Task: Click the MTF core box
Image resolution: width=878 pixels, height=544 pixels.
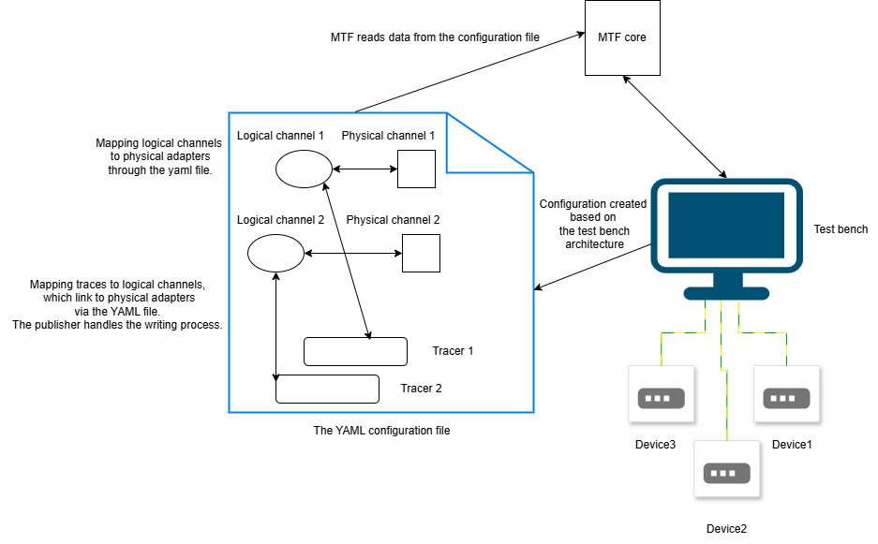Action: coord(622,37)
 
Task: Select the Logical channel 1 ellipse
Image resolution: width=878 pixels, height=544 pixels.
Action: coord(304,169)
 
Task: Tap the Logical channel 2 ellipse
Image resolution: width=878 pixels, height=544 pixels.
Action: coord(275,253)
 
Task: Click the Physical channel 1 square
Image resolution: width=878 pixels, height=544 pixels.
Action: coord(416,169)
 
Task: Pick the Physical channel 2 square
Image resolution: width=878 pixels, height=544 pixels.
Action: coord(421,253)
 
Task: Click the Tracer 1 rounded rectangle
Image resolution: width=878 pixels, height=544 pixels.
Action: coord(355,351)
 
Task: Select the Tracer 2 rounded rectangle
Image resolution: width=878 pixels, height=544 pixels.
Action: coord(327,389)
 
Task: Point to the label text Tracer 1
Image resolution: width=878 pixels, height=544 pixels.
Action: coord(453,351)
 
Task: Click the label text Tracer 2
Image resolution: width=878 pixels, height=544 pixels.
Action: coord(421,389)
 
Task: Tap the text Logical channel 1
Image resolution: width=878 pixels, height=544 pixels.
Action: coord(280,136)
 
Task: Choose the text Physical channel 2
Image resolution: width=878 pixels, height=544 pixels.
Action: coord(393,220)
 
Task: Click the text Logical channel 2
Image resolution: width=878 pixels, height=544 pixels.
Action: coord(280,220)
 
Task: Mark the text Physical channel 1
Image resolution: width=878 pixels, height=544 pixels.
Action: coord(388,136)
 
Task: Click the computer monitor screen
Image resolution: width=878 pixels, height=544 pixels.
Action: coord(725,225)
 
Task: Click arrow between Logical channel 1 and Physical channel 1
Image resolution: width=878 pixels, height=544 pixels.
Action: coord(365,169)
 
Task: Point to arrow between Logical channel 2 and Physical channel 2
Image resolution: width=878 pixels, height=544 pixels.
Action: coord(353,254)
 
